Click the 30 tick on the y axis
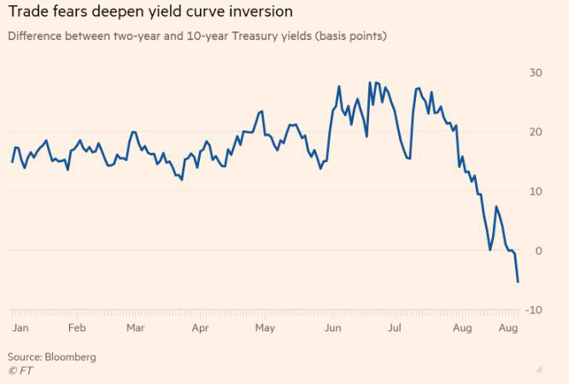pos(536,73)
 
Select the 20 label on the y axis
pos(536,131)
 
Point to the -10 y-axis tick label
pos(534,309)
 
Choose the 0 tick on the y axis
pos(538,250)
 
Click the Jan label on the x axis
pos(20,328)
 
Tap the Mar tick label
pos(135,328)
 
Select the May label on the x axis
pos(265,328)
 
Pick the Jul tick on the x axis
pos(396,328)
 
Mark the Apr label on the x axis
pos(200,328)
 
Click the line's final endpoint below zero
pos(518,282)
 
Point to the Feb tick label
pos(77,328)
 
